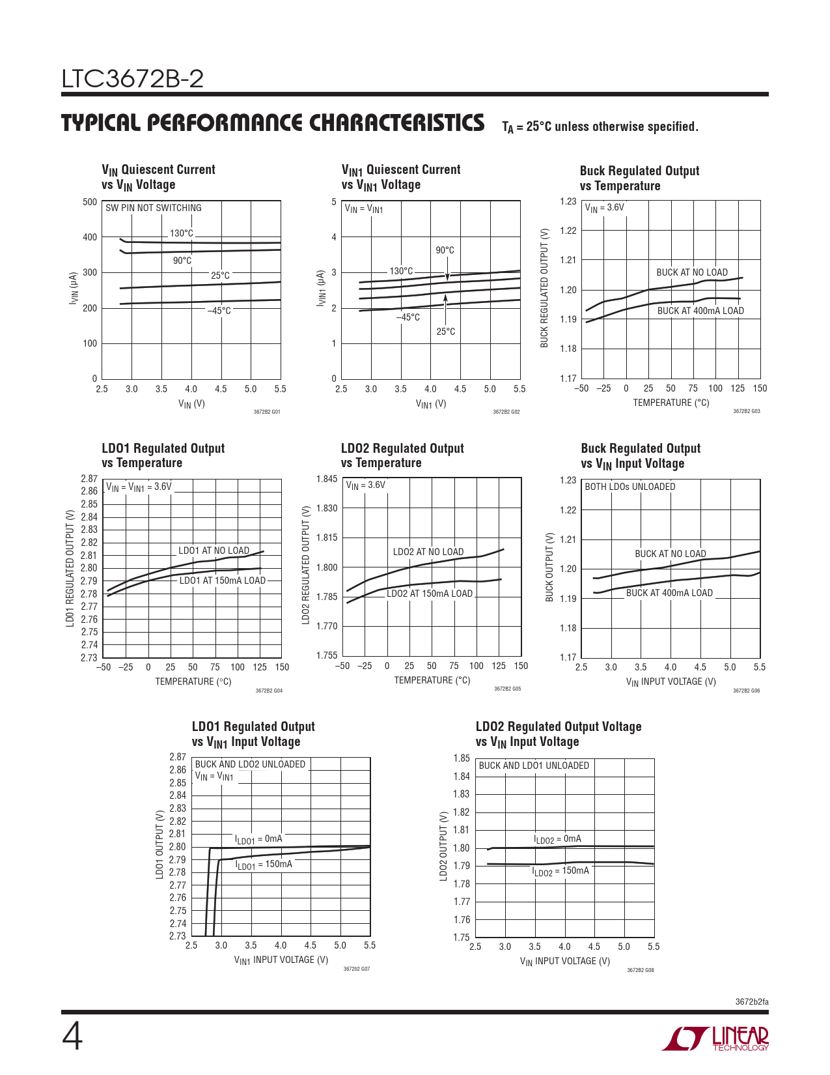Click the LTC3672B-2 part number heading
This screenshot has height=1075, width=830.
[x=133, y=79]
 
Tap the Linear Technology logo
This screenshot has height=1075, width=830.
[x=715, y=1039]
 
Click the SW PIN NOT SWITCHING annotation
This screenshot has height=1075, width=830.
[x=154, y=208]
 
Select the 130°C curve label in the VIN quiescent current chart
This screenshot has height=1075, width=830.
[x=182, y=233]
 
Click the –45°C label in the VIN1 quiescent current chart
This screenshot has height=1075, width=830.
[x=408, y=317]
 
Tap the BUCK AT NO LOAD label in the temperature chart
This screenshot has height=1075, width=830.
[x=692, y=272]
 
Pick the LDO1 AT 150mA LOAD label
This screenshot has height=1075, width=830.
[x=223, y=580]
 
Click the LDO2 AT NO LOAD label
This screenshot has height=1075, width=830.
[x=428, y=552]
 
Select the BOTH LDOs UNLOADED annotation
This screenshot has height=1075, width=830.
[x=630, y=487]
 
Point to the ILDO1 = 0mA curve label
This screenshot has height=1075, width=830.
[x=258, y=839]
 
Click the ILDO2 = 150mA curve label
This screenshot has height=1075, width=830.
[x=560, y=871]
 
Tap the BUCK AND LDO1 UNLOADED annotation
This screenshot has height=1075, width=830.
[x=534, y=766]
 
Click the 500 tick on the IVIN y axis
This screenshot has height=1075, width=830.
[x=90, y=202]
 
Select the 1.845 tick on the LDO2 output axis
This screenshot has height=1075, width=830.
[x=327, y=479]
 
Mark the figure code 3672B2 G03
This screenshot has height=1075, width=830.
[x=746, y=412]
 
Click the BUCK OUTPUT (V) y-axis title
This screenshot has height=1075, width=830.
[x=549, y=567]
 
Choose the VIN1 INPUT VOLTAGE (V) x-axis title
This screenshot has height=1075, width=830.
[x=281, y=960]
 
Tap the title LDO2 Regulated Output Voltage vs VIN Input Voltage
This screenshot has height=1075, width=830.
[x=559, y=734]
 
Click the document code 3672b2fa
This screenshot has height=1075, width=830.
[x=752, y=1001]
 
